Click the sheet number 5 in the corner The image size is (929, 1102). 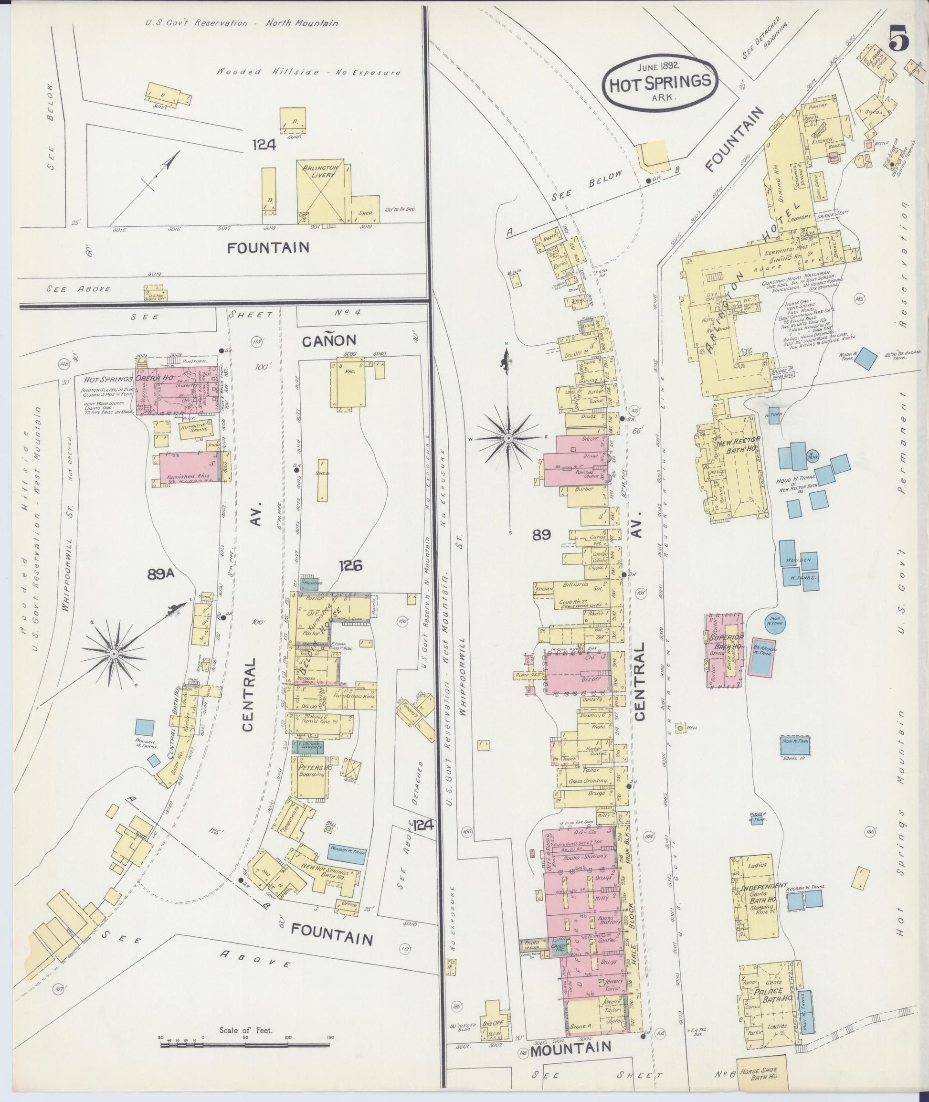(899, 40)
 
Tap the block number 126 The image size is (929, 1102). (350, 566)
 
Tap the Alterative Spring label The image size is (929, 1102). (195, 429)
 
